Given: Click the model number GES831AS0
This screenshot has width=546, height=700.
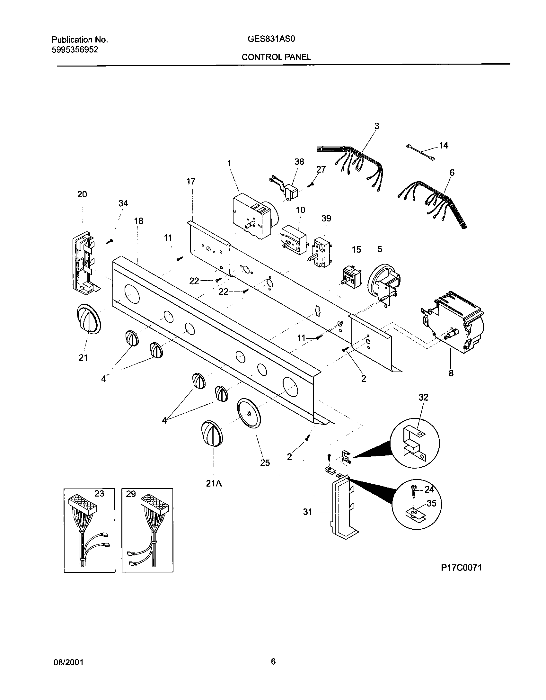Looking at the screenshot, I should (x=271, y=39).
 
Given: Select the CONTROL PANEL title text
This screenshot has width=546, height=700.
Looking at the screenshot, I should (x=276, y=57).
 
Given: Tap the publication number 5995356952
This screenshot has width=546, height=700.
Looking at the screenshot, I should (x=75, y=49).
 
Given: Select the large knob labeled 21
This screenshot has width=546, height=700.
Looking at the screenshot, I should (x=87, y=319).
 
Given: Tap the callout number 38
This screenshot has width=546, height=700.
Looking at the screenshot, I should (x=299, y=162).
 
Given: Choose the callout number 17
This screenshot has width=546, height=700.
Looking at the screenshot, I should (x=191, y=182).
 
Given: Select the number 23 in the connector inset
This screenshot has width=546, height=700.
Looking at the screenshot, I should (x=99, y=493).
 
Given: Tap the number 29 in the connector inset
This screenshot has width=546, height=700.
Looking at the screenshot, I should (x=131, y=494).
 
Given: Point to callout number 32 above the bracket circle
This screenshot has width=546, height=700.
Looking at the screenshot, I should (x=423, y=398).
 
